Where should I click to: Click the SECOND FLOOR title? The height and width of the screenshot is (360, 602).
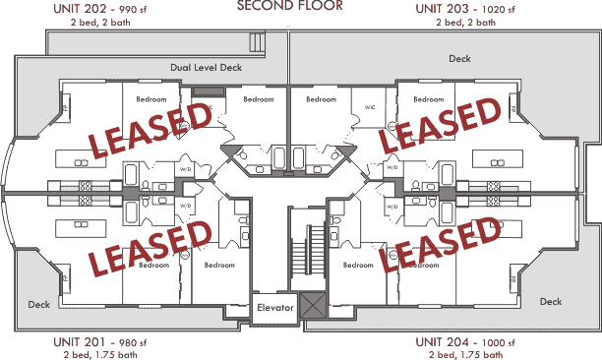pos(290,6)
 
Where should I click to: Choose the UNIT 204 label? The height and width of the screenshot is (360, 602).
pos(442,341)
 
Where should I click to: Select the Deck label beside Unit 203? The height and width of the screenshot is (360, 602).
pos(459,58)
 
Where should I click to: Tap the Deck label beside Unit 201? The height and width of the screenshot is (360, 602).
pos(38,304)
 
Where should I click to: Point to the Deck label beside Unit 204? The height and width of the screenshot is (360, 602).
pos(550,301)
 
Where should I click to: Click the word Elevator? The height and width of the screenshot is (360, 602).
pos(275,308)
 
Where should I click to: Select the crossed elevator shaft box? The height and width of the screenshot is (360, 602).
pos(314,307)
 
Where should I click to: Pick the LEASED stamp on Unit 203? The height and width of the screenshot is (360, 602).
pos(442,125)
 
